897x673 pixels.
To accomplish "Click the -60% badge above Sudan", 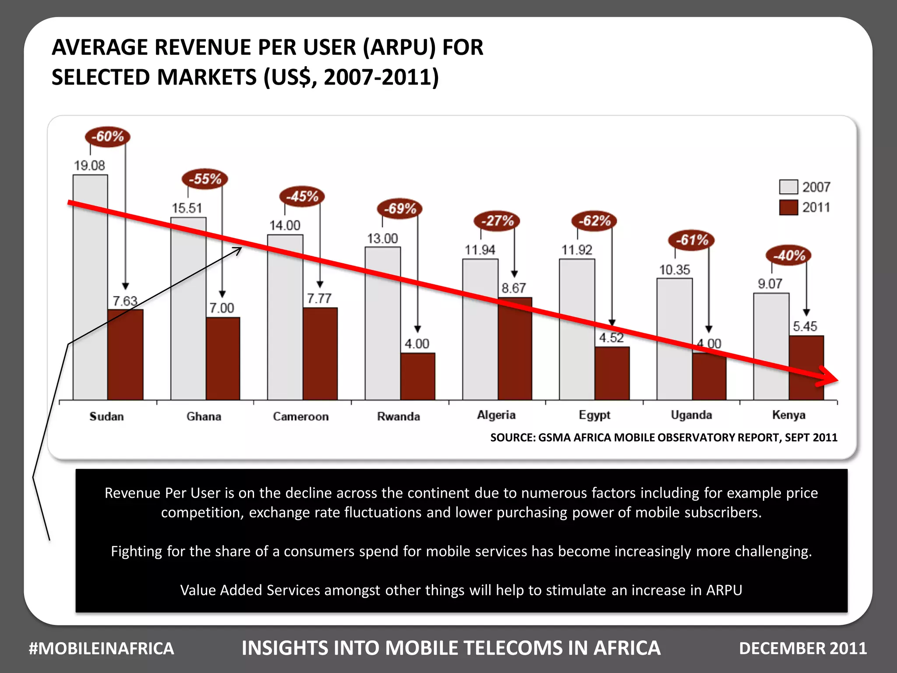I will pyautogui.click(x=108, y=137).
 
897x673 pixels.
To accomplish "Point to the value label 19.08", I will pyautogui.click(x=89, y=166).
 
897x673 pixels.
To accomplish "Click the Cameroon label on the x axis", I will pyautogui.click(x=300, y=416).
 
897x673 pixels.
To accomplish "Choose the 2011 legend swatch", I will pyautogui.click(x=788, y=207).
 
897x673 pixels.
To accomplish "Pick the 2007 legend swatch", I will pyautogui.click(x=788, y=187).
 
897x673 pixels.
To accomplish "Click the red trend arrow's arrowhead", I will pyautogui.click(x=829, y=378).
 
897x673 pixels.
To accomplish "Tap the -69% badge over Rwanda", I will pyautogui.click(x=400, y=209).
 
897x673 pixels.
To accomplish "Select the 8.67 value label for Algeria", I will pyautogui.click(x=513, y=288).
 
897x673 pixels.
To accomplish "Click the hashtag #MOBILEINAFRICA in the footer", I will pyautogui.click(x=101, y=648).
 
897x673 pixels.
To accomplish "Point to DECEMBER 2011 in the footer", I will pyautogui.click(x=803, y=648).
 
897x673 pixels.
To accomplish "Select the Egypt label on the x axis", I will pyautogui.click(x=594, y=415).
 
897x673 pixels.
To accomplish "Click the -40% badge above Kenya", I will pyautogui.click(x=788, y=255).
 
